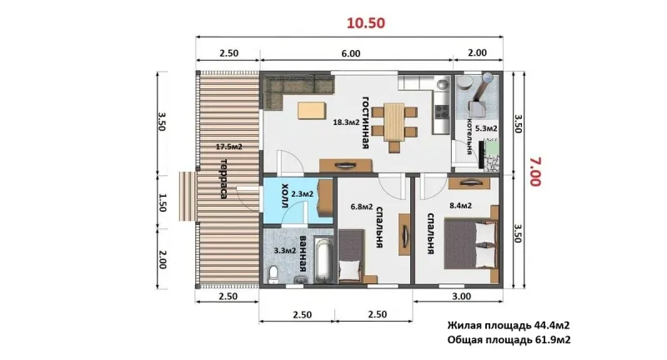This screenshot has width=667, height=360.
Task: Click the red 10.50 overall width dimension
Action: pyautogui.click(x=366, y=22)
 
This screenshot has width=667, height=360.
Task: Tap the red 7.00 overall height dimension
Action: pyautogui.click(x=535, y=172)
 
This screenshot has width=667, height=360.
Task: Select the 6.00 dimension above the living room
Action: pyautogui.click(x=350, y=53)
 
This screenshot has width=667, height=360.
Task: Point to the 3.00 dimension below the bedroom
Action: pyautogui.click(x=461, y=296)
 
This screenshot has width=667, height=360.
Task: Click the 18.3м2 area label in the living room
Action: pyautogui.click(x=346, y=122)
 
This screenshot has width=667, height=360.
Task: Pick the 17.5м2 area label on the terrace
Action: pyautogui.click(x=228, y=147)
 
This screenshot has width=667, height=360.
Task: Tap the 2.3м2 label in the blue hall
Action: pyautogui.click(x=303, y=194)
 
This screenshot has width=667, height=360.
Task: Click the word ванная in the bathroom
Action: pyautogui.click(x=303, y=254)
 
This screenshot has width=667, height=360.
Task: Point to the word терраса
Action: pyautogui.click(x=223, y=178)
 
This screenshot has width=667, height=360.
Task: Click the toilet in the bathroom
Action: pyautogui.click(x=273, y=273)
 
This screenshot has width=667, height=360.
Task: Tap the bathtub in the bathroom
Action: pyautogui.click(x=324, y=261)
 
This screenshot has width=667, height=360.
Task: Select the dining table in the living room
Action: pyautogui.click(x=394, y=122)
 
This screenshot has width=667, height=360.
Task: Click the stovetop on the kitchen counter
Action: pyautogui.click(x=442, y=112)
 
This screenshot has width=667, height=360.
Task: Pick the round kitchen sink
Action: pyautogui.click(x=444, y=84)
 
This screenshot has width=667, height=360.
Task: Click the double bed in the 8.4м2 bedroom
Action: pyautogui.click(x=471, y=244)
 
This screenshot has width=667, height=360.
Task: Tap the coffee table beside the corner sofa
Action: pyautogui.click(x=312, y=110)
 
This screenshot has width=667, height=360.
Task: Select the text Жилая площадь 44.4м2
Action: pyautogui.click(x=509, y=326)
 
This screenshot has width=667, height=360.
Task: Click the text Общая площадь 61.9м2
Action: pyautogui.click(x=509, y=340)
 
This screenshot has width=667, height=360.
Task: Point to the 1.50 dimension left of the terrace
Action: pyautogui.click(x=162, y=202)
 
